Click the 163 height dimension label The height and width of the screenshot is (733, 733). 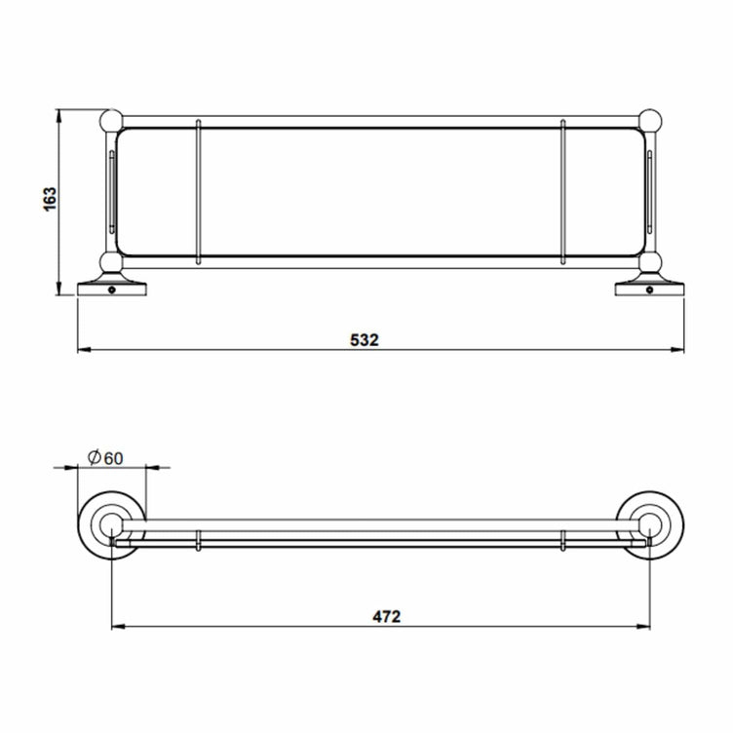click(52, 198)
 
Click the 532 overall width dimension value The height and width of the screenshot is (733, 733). click(364, 340)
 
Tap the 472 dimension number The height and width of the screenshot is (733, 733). click(386, 615)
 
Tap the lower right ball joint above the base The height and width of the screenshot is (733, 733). click(649, 263)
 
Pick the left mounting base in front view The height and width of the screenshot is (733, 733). click(113, 288)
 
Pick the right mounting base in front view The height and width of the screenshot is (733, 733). click(649, 288)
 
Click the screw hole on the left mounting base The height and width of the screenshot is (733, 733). click(114, 289)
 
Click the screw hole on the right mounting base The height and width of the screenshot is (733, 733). click(648, 289)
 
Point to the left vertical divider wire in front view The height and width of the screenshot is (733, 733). click(199, 191)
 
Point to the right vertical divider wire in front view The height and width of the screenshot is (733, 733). click(563, 191)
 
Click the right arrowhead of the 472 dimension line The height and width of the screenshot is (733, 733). click(644, 626)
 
